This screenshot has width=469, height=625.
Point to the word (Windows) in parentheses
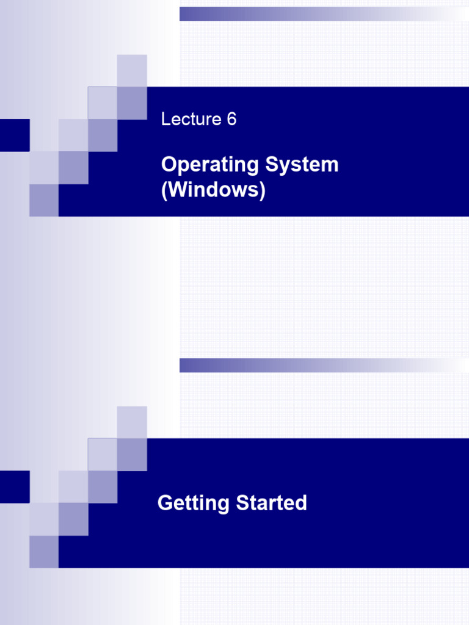click(213, 190)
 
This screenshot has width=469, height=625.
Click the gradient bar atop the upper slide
click(324, 14)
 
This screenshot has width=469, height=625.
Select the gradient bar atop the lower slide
click(324, 366)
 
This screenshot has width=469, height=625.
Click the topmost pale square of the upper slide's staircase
click(132, 70)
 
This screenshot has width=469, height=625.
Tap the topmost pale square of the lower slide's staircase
click(132, 422)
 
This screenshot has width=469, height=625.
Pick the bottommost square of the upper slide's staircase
click(44, 200)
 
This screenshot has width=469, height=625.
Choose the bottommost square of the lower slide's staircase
click(44, 552)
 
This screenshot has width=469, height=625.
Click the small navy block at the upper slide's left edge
click(15, 135)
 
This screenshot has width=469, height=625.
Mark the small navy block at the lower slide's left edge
click(15, 486)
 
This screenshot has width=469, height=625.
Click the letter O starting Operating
click(169, 165)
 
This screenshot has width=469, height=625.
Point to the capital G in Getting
click(165, 504)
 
